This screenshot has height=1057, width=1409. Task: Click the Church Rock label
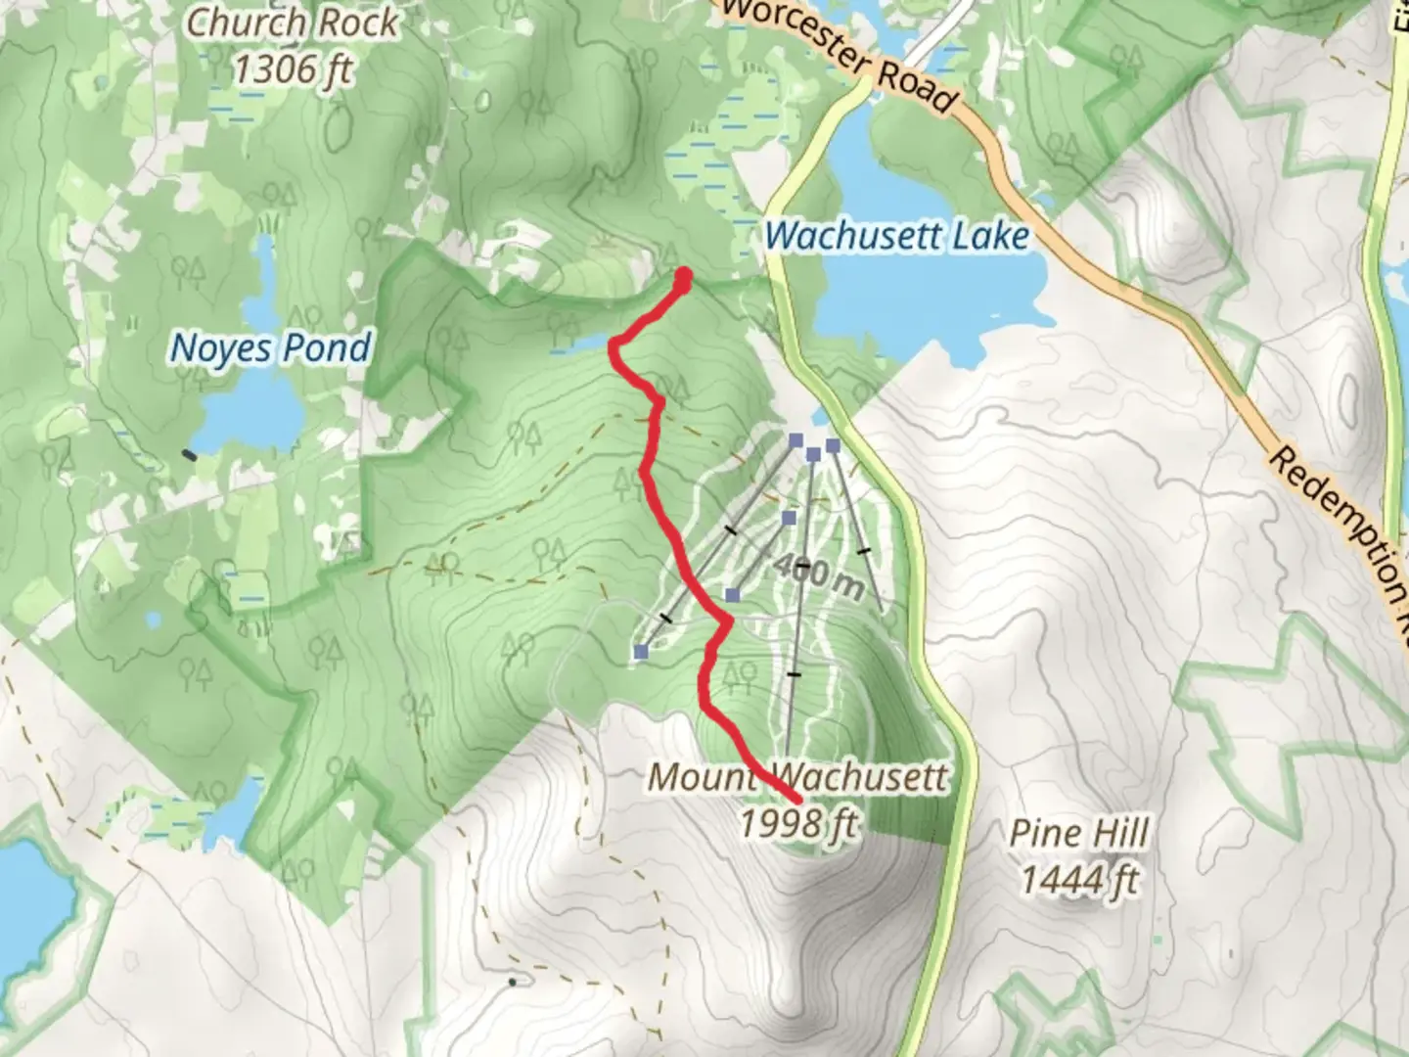(292, 23)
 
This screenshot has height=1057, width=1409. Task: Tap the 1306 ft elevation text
(292, 69)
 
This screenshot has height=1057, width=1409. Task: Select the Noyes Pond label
(271, 348)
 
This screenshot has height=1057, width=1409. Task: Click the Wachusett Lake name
(896, 236)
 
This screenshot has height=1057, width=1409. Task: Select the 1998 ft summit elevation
(798, 823)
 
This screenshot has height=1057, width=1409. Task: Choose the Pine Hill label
(1079, 834)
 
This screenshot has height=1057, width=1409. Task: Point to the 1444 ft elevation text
(1079, 880)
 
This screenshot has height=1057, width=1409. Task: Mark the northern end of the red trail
(683, 276)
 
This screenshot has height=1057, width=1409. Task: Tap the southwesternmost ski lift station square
(641, 652)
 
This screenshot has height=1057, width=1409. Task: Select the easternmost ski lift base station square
(833, 446)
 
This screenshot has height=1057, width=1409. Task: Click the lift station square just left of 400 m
(732, 595)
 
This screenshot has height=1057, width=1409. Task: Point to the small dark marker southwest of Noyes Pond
(189, 454)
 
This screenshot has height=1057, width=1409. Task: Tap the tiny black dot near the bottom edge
(513, 980)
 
